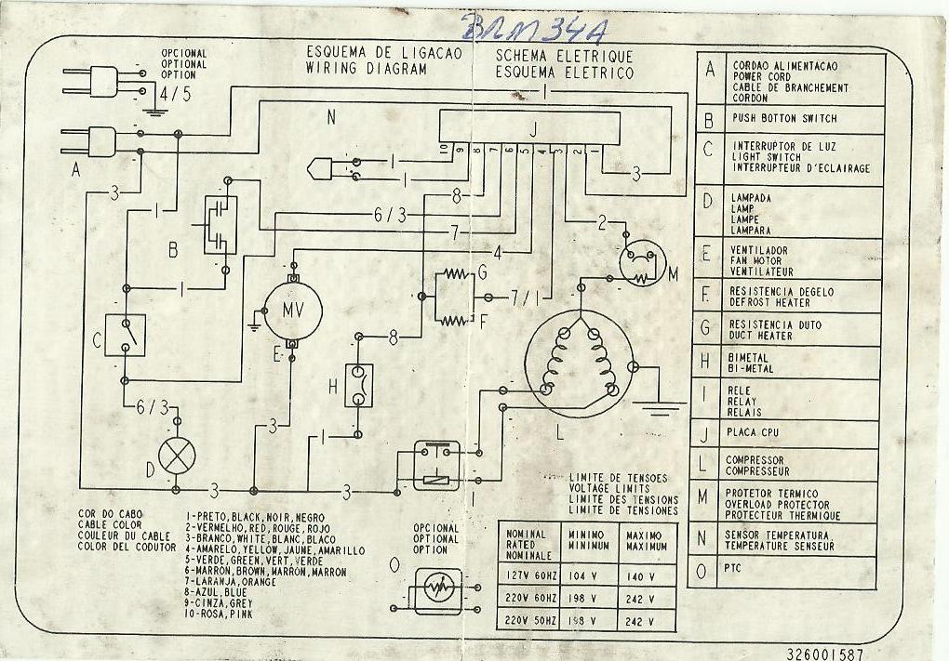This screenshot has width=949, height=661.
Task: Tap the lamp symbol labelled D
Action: click(x=178, y=457)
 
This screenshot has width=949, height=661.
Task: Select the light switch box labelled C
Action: click(x=126, y=335)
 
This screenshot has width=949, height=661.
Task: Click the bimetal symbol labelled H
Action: click(x=359, y=384)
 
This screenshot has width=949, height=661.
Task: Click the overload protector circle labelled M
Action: click(x=642, y=263)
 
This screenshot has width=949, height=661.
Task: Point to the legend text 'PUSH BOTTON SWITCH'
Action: click(x=784, y=119)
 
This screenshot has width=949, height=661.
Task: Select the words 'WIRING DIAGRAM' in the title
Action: click(x=367, y=69)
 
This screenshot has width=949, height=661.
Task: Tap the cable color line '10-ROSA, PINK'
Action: click(x=220, y=614)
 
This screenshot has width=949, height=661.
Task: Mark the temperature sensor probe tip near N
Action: click(x=314, y=169)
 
